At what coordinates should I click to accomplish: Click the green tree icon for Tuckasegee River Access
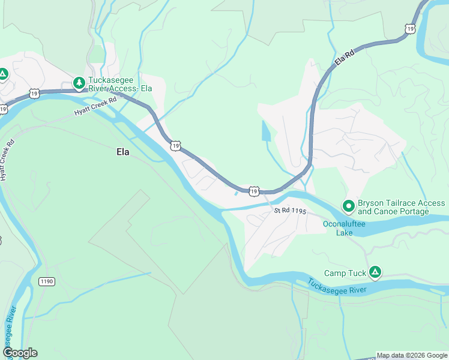78,82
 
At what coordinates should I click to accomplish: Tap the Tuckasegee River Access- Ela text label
120,84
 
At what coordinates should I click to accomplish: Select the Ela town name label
122,152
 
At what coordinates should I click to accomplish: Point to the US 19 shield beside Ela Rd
410,28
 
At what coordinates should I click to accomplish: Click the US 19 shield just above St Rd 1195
254,191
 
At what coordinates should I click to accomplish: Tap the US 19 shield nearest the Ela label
175,145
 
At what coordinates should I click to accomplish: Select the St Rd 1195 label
290,212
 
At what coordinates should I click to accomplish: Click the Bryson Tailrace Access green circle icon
348,206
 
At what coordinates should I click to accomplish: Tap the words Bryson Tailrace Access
401,203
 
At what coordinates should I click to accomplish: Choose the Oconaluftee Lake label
342,228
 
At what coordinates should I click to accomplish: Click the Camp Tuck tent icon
375,273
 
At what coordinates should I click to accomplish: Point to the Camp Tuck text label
345,274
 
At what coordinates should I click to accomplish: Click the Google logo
20,353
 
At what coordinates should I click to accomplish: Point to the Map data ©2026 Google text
412,355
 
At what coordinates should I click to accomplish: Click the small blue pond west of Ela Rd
266,131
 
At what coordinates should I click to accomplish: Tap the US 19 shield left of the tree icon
34,93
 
